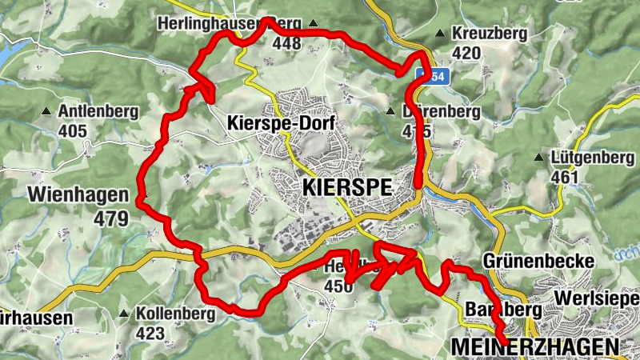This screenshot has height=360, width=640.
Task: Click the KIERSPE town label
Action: point(347,188)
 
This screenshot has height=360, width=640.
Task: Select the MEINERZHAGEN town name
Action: point(534,346)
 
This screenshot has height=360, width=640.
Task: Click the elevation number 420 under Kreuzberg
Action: point(466,54)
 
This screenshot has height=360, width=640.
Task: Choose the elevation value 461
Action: point(565,176)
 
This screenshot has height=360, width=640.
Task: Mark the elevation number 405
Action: point(72,130)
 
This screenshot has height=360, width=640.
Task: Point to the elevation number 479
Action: point(110,218)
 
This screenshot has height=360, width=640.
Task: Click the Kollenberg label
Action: point(175,314)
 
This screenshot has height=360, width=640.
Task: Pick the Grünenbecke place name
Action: point(538,262)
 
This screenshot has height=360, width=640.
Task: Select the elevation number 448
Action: point(286,44)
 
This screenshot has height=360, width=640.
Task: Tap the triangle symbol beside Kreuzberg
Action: point(440,34)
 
